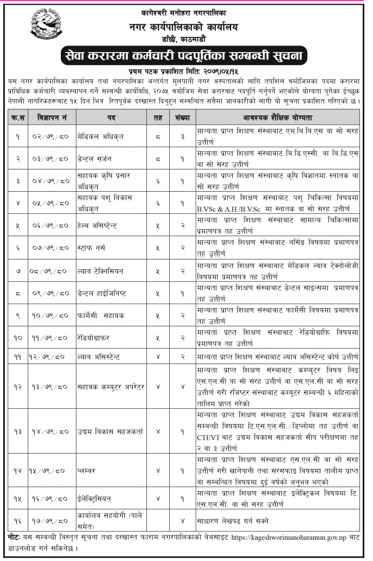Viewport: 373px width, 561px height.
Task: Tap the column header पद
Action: [107, 117]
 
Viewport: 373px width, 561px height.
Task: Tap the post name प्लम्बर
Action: [87, 471]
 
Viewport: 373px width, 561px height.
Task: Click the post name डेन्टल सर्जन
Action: [97, 158]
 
